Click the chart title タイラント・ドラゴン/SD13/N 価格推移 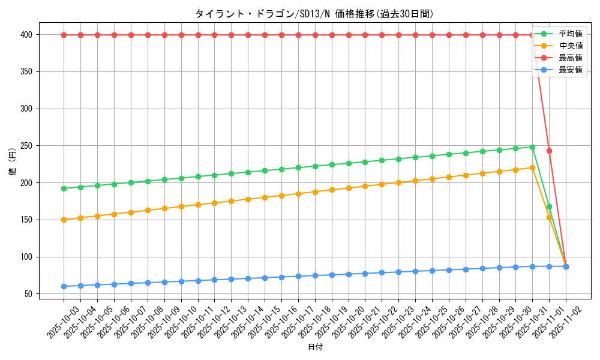point(314,14)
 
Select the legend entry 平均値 point(570,34)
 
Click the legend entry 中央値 point(570,46)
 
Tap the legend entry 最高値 point(570,58)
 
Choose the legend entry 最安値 point(570,70)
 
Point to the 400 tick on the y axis point(26,35)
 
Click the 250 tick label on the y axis point(26,146)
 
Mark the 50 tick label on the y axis point(28,294)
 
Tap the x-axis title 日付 point(315,347)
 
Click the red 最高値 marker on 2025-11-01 point(549,151)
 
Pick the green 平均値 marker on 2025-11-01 point(549,206)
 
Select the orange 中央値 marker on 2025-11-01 point(549,217)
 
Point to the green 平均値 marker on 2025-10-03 point(64,188)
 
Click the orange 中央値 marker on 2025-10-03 point(64,220)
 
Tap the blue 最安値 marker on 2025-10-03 point(64,286)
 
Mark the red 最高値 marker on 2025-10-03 point(64,35)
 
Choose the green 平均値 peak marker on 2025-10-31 point(532,147)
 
